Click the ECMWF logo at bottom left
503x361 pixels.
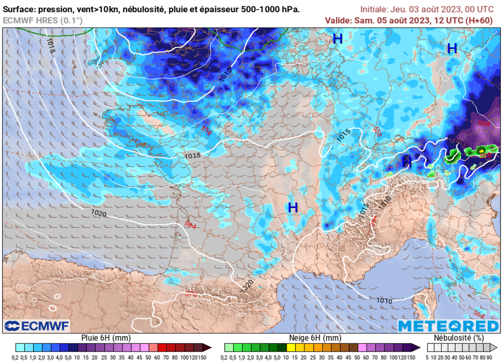coord(37,326)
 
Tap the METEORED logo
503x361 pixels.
coord(448,326)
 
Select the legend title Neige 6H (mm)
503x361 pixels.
coord(315,338)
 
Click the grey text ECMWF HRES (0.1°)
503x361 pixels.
coord(43,20)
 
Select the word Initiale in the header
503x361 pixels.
coord(374,9)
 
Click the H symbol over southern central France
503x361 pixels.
coord(293,207)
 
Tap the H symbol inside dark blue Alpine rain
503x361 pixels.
coord(406,160)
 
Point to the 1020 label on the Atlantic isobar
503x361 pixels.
coord(99,213)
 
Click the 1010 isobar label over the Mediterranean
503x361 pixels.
coord(384,300)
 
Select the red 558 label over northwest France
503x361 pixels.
coord(206,129)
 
